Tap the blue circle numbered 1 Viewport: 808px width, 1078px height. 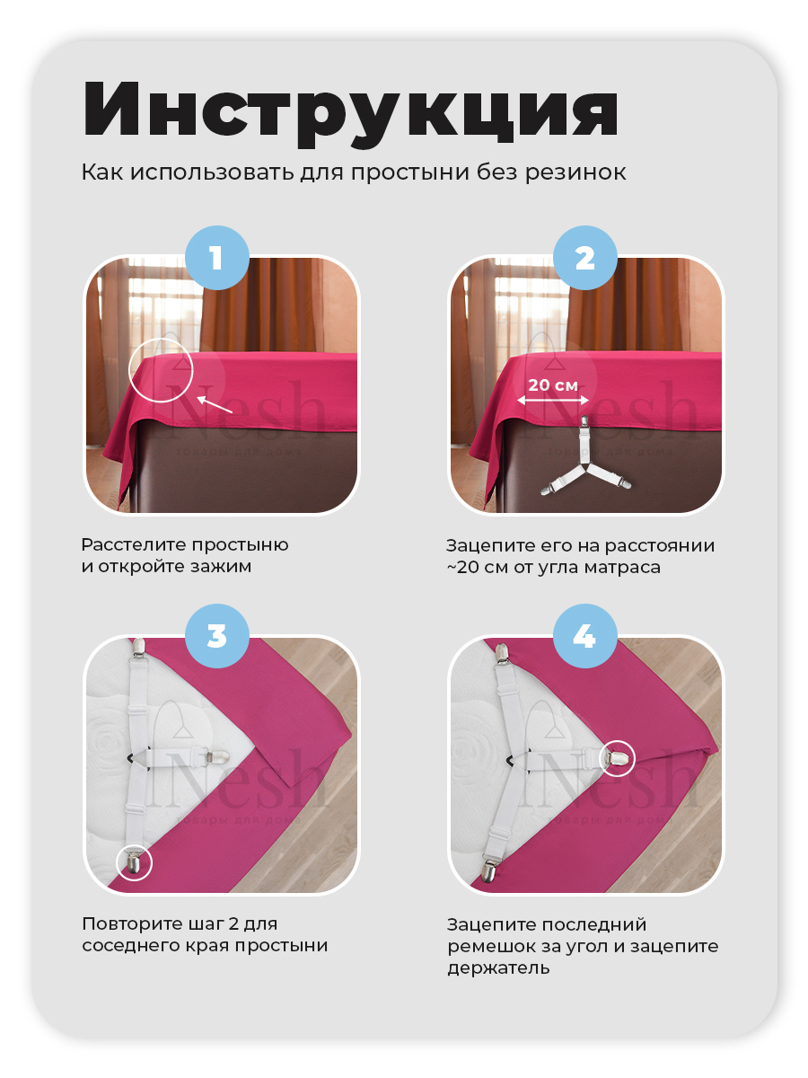coord(217,257)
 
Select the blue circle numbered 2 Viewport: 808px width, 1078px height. coord(584,257)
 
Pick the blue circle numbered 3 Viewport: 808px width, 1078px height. coord(217,635)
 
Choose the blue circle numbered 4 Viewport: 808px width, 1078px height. coord(584,635)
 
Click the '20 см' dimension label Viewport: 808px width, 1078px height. coord(553,385)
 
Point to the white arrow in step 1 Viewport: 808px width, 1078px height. coord(215,404)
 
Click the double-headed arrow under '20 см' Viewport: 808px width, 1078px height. coord(553,401)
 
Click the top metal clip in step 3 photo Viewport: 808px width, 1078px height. coord(139,649)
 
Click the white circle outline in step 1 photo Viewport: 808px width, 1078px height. coord(161,369)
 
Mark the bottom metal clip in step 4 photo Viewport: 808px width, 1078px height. coord(488,870)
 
